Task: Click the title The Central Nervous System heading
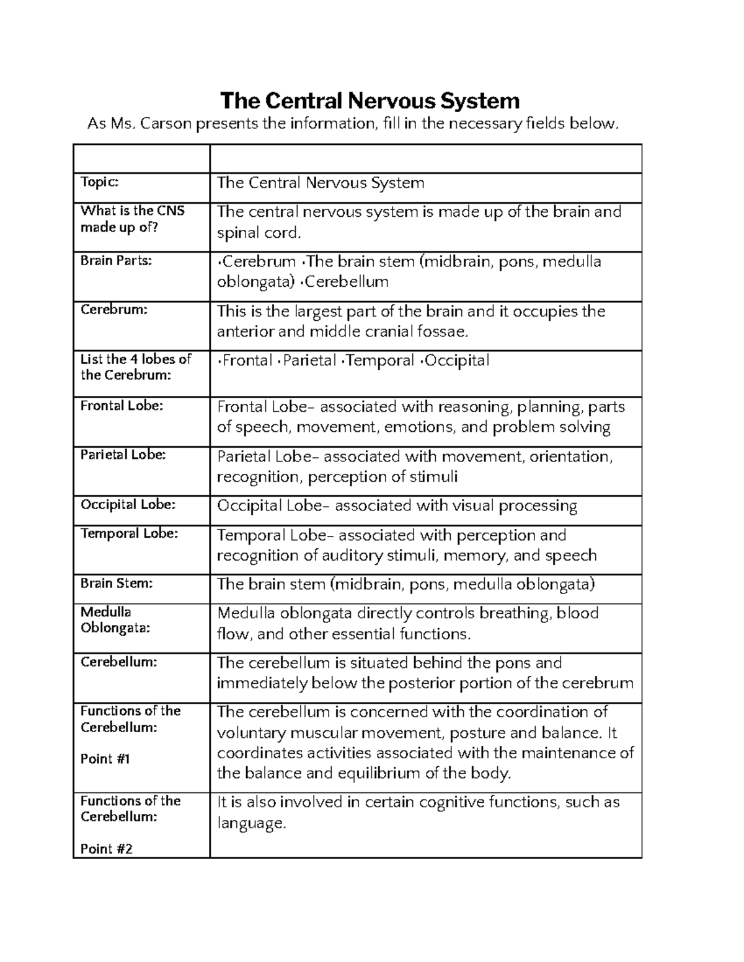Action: tap(370, 100)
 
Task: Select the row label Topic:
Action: tap(99, 181)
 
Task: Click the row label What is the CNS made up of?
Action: tap(133, 219)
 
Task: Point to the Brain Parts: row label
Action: tap(116, 260)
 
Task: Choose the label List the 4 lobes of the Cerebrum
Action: tap(136, 367)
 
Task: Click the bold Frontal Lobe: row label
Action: tap(122, 406)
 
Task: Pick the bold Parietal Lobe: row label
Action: tap(123, 455)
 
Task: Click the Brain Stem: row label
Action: tap(117, 583)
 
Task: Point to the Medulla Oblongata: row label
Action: tap(115, 619)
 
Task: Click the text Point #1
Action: tap(105, 759)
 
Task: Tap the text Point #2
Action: tap(107, 849)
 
